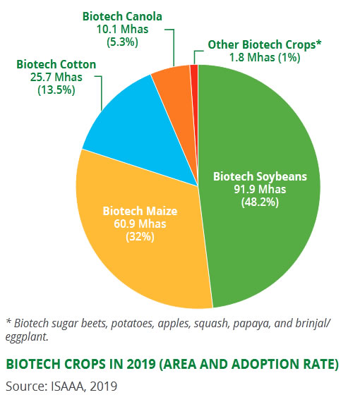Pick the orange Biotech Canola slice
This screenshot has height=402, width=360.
177,97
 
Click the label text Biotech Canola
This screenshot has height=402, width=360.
122,17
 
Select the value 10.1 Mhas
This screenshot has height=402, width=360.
122,29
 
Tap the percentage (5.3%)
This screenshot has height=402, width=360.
122,42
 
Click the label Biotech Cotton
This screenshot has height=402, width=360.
56,64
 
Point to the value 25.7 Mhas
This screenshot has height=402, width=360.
56,77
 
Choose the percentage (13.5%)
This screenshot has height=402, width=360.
56,90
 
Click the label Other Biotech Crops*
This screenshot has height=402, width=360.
265,45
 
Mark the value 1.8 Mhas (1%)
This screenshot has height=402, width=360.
265,57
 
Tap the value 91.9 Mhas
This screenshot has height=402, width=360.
260,189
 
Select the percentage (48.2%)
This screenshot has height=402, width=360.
260,202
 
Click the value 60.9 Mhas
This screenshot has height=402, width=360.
140,224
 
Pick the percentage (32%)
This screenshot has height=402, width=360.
140,237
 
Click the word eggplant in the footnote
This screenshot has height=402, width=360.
27,337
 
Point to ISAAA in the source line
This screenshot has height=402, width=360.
68,386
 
